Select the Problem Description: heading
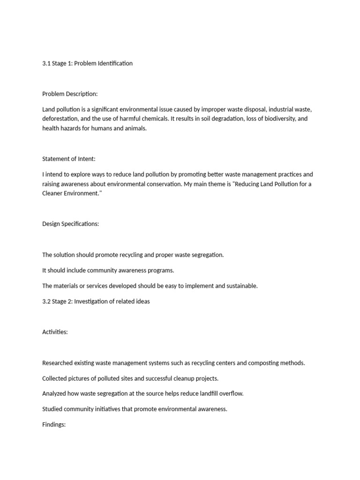coord(70,94)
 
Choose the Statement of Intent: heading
coord(68,159)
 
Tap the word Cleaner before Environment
coord(52,193)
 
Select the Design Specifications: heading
coord(70,224)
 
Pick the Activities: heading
coord(55,332)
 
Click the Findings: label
coord(54,425)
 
